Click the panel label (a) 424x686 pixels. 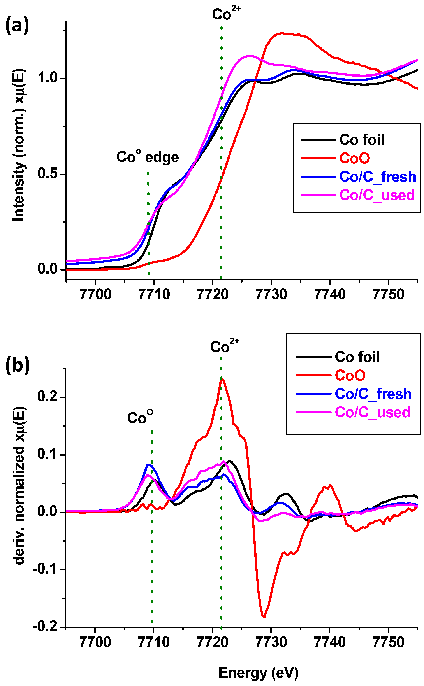point(17,25)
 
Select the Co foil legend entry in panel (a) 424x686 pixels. point(362,140)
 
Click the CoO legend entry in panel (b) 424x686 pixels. point(350,375)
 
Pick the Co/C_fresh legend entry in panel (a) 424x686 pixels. point(377,177)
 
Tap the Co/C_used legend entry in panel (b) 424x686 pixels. point(372,412)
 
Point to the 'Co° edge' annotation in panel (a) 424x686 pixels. point(148,157)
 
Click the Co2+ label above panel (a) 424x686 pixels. point(226,13)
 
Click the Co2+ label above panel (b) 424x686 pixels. point(224,346)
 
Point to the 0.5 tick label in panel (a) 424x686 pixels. point(48,173)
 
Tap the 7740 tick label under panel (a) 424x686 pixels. point(330,294)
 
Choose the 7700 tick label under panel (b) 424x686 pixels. point(95,642)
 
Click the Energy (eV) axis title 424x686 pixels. point(258,673)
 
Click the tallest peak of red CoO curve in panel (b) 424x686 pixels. point(222,378)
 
